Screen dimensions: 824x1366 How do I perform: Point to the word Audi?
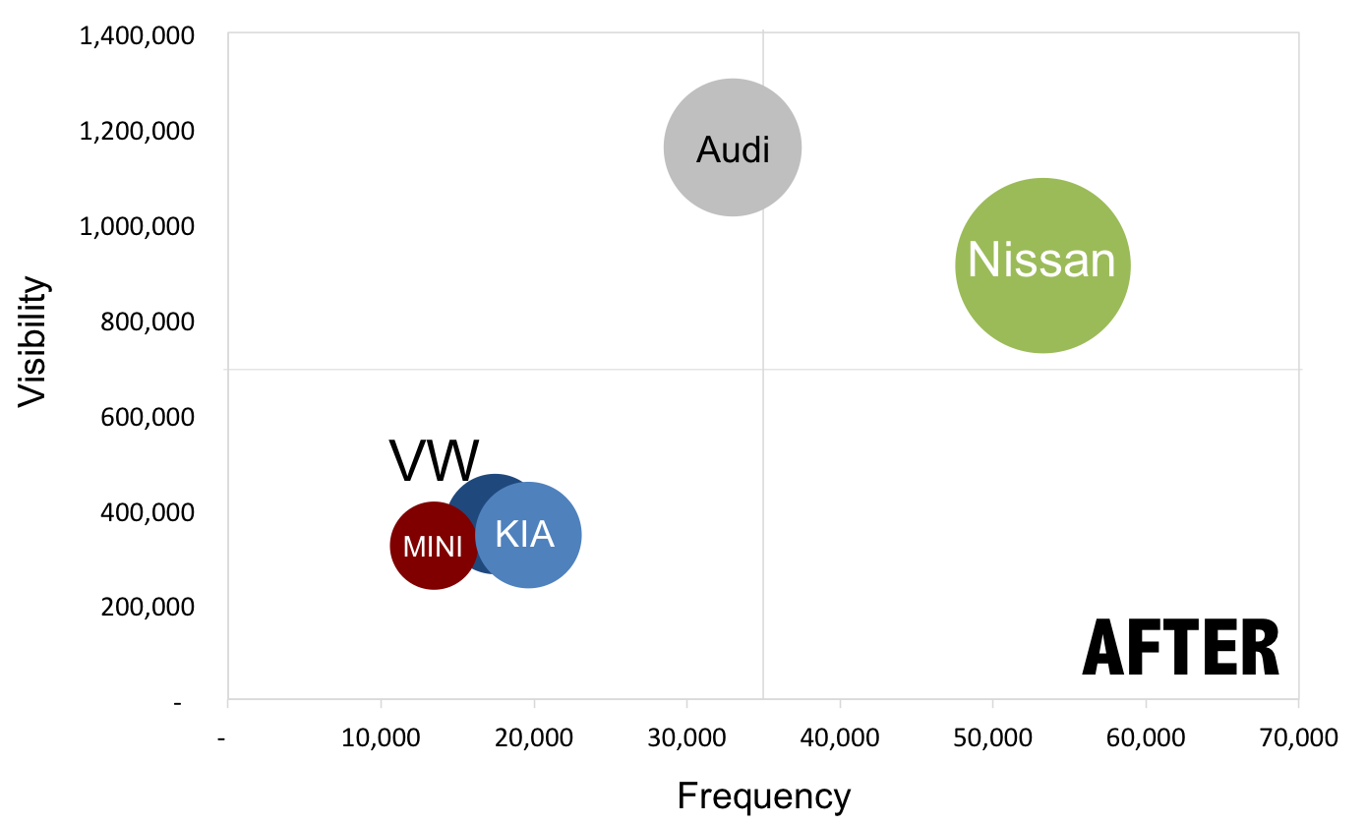[733, 150]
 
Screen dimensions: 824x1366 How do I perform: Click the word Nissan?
[1041, 262]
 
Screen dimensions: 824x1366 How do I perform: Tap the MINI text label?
[433, 547]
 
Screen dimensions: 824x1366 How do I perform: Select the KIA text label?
[524, 534]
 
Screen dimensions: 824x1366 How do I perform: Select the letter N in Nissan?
[983, 262]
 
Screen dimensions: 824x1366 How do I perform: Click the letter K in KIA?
[505, 534]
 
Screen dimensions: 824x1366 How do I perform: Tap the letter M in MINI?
[411, 547]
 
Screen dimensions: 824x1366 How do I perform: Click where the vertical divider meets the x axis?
[763, 699]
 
